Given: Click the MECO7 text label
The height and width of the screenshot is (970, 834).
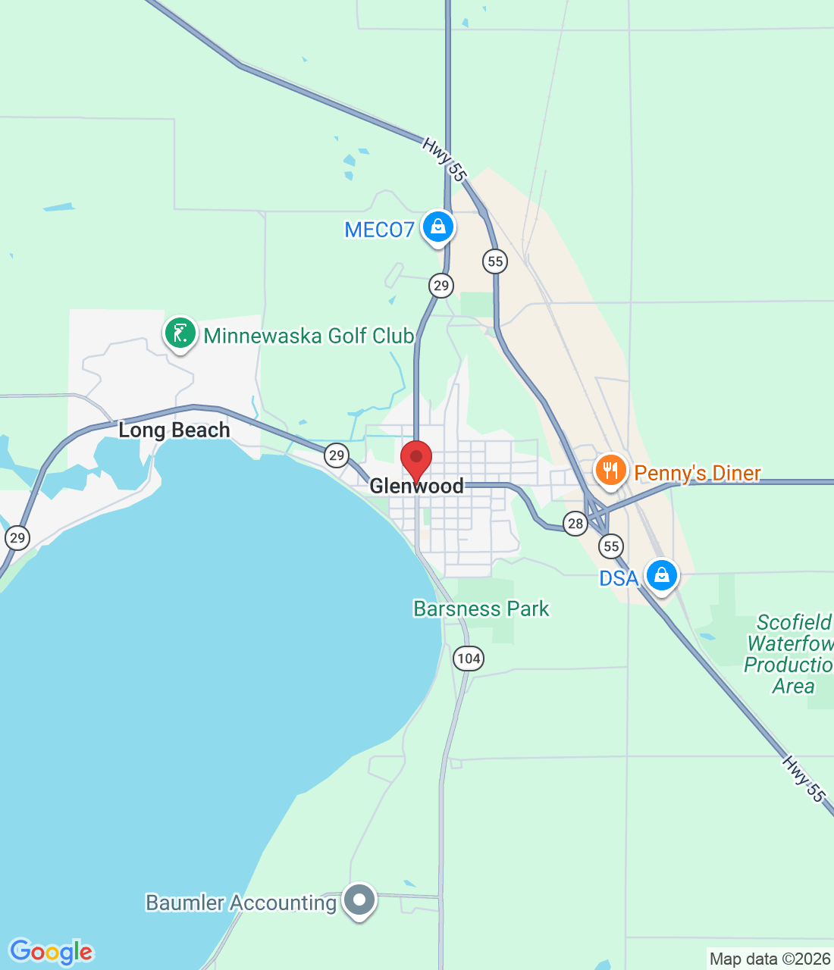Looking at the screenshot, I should [x=379, y=230].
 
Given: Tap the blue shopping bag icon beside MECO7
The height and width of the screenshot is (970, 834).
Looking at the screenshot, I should [x=437, y=227].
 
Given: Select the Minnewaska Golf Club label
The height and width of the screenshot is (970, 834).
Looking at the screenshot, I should [x=309, y=336].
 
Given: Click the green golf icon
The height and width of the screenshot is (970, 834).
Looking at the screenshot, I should [x=180, y=333].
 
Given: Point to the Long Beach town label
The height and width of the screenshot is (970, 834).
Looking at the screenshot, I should [x=174, y=430].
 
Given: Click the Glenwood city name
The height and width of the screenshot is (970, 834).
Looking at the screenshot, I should [x=416, y=486].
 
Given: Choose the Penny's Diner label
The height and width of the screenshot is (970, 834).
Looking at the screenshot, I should [x=697, y=473].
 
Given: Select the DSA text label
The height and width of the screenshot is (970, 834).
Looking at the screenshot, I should [x=619, y=578].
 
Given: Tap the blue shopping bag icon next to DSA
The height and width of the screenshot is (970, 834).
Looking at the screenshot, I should [x=662, y=575].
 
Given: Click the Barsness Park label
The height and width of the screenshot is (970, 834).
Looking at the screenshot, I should [x=481, y=609].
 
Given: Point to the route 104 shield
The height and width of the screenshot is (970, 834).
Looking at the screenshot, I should [x=469, y=658].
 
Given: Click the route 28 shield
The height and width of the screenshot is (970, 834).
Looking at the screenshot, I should [x=575, y=523].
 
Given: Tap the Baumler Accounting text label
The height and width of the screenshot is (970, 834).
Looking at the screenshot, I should [x=240, y=903].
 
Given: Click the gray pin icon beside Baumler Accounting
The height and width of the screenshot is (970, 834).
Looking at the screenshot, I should [x=359, y=900].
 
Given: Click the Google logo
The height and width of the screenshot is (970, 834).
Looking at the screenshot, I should [x=52, y=952].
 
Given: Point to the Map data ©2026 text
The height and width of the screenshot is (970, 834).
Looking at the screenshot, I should [x=770, y=959].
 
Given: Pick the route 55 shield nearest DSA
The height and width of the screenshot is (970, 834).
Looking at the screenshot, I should [x=611, y=546].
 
